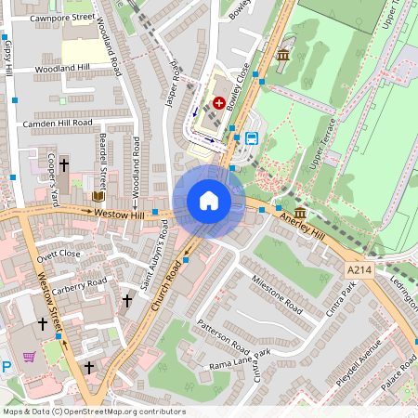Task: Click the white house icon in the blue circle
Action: (x=209, y=201)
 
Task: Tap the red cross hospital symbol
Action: (x=219, y=103)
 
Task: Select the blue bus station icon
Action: (x=251, y=139)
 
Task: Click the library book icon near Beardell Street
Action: (x=98, y=196)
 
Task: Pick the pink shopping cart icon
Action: (x=30, y=356)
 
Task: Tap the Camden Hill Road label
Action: (x=57, y=123)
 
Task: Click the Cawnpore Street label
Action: (x=61, y=17)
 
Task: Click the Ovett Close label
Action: (x=59, y=253)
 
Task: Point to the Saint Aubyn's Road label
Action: (x=156, y=268)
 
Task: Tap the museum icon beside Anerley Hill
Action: (x=301, y=214)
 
